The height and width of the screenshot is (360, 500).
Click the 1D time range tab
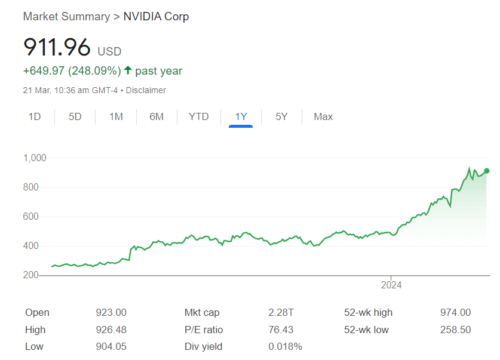(35, 116)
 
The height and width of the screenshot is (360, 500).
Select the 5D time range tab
(75, 116)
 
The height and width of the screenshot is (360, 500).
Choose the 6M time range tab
(157, 116)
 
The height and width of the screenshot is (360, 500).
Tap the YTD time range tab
(198, 116)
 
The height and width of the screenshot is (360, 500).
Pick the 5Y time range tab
(281, 116)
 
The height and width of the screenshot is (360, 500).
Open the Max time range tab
(323, 116)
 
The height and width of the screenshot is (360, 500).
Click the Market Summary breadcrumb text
(66, 17)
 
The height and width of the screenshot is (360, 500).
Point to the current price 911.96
(57, 47)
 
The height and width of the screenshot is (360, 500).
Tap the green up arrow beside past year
(128, 70)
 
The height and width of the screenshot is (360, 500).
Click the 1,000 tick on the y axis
(35, 158)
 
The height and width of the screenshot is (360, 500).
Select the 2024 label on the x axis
(391, 285)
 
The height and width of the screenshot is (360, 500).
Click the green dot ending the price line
(487, 171)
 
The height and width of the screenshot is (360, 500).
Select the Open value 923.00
(111, 313)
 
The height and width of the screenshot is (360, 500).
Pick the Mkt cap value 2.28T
(281, 313)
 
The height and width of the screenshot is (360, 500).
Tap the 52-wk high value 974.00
(455, 313)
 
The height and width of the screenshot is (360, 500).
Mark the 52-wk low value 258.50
(455, 330)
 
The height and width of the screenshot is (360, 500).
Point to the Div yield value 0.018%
(285, 346)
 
